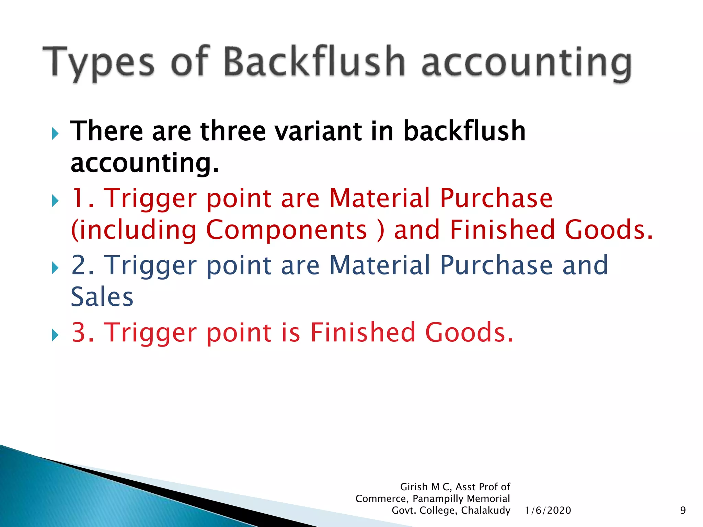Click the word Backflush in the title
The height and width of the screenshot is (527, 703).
[x=314, y=62]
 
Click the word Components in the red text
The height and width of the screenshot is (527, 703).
[x=286, y=230]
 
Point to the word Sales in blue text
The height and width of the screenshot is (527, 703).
[x=102, y=297]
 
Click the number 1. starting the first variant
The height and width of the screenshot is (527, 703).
[x=82, y=198]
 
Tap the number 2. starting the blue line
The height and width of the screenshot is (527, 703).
[x=82, y=265]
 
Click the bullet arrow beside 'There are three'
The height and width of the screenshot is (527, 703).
[x=55, y=133]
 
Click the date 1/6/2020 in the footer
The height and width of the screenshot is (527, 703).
[x=548, y=511]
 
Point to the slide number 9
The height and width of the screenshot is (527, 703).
[x=683, y=511]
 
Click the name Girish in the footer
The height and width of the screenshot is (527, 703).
[x=414, y=487]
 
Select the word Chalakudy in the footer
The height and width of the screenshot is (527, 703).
[x=485, y=511]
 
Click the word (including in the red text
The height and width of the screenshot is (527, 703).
[x=134, y=230]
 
